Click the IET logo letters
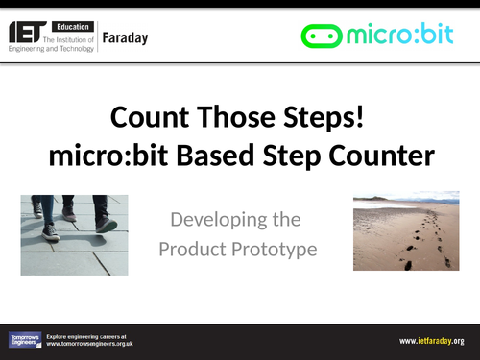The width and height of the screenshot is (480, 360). [29, 35]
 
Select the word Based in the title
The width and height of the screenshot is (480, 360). [281, 155]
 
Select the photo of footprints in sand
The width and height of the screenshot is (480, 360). [407, 231]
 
